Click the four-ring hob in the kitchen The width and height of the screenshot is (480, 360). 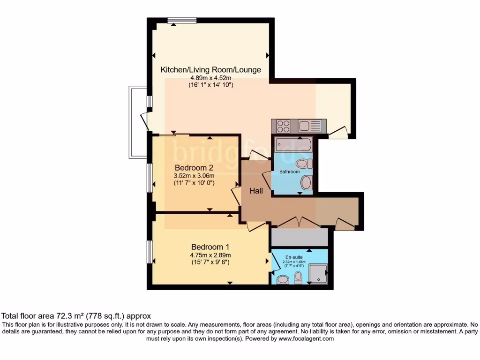(283, 127)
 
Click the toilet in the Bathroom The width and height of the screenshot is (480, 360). (305, 164)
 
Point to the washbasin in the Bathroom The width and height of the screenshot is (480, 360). (306, 183)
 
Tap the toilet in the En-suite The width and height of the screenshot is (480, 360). (298, 279)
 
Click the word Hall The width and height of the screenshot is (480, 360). (256, 191)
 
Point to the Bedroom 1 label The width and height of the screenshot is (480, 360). (210, 247)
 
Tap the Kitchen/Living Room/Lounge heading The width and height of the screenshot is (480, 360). (210, 70)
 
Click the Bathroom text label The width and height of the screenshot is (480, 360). (289, 172)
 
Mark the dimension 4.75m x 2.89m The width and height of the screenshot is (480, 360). (210, 255)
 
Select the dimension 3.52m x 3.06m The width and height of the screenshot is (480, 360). (194, 176)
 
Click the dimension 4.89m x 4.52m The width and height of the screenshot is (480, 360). (210, 78)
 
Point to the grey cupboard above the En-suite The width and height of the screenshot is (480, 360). (300, 238)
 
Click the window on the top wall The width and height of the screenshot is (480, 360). (182, 20)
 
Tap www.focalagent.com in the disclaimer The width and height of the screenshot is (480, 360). (302, 338)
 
